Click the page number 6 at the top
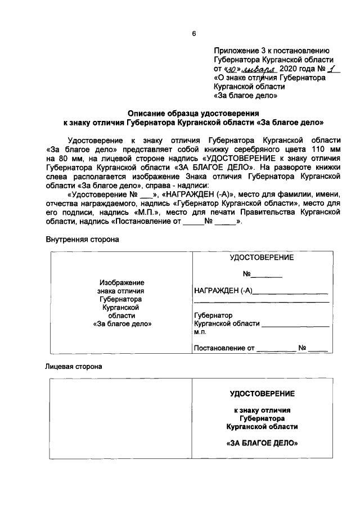[x=194, y=33]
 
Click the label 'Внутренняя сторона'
[x=82, y=239]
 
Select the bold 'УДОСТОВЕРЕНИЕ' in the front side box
[x=262, y=393]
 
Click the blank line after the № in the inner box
[x=266, y=275]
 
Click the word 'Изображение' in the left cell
[x=122, y=282]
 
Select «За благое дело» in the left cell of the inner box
[x=122, y=324]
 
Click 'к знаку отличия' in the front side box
[x=262, y=410]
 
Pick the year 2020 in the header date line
[x=289, y=68]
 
